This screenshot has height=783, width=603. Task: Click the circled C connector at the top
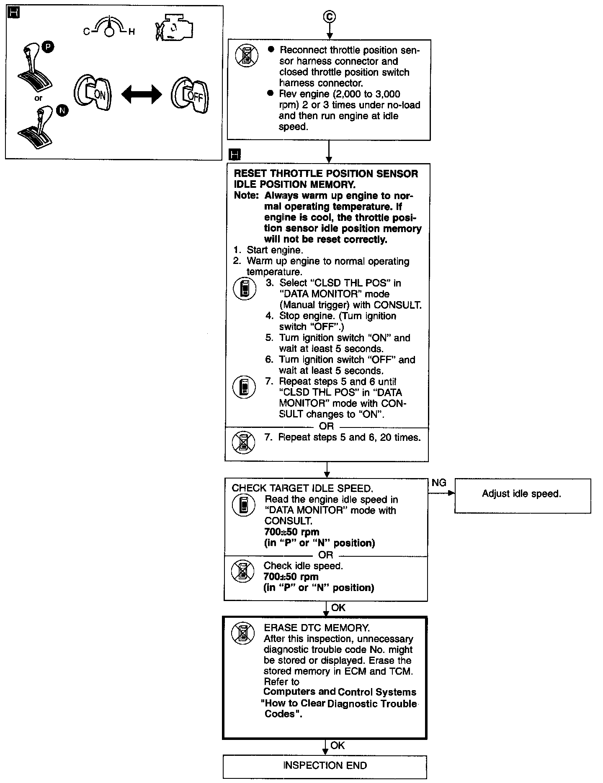(x=330, y=17)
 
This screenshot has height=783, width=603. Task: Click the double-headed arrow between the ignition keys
(x=142, y=95)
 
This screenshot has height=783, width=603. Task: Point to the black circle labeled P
(x=48, y=48)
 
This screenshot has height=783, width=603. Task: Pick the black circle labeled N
(x=62, y=110)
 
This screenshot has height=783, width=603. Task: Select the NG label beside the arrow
(x=439, y=483)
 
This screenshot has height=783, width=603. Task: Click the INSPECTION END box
(x=325, y=766)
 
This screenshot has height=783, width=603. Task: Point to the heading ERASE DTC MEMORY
(x=317, y=628)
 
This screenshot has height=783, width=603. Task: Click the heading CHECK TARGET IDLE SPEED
(x=302, y=488)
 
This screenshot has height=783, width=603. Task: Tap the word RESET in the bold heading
(x=250, y=174)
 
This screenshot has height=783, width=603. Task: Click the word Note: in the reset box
(x=247, y=196)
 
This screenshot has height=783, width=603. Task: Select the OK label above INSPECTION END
(x=338, y=745)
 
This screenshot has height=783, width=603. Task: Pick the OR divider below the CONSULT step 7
(x=326, y=426)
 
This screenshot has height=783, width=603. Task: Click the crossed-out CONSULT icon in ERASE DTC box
(x=243, y=634)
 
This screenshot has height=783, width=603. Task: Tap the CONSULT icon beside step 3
(x=245, y=289)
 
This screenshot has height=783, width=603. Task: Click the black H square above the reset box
(x=235, y=155)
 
